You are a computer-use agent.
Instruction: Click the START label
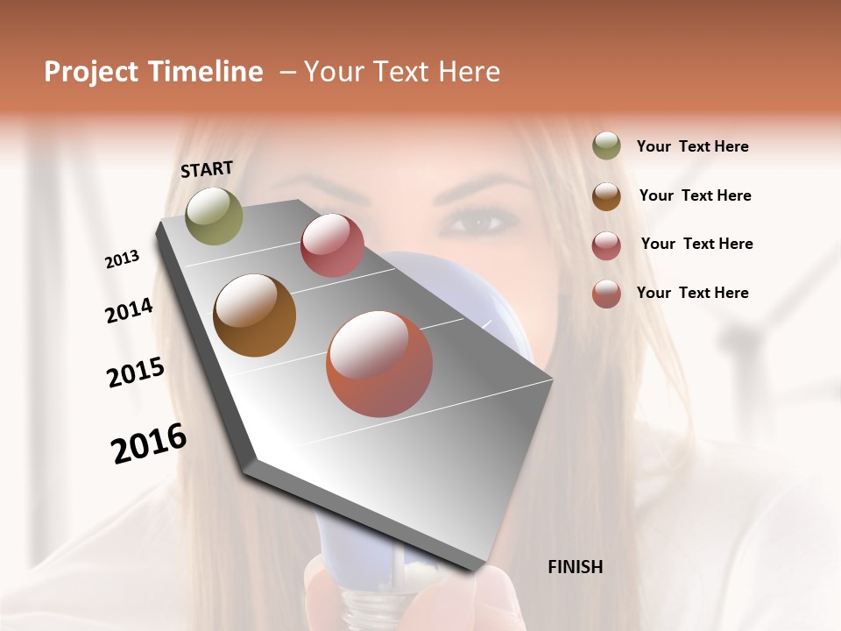click(x=207, y=169)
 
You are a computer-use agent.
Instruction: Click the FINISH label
click(x=575, y=567)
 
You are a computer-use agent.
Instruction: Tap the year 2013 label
click(x=123, y=259)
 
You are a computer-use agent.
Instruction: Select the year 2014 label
click(x=129, y=310)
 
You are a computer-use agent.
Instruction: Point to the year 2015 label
click(x=136, y=372)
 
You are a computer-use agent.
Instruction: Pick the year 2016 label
click(x=149, y=443)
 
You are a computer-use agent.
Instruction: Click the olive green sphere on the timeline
click(x=214, y=216)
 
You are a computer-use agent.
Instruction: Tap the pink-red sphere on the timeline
click(x=332, y=245)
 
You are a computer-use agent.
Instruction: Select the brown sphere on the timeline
click(x=254, y=315)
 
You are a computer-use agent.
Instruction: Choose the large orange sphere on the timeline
click(x=379, y=364)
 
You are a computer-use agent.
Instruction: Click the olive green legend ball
click(x=606, y=146)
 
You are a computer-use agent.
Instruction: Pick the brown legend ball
click(x=606, y=195)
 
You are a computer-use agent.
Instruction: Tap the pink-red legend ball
click(x=606, y=245)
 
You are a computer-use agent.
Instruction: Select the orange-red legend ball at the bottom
click(x=606, y=293)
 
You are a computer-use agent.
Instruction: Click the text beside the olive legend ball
click(x=692, y=146)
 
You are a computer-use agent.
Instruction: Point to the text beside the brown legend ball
click(x=695, y=195)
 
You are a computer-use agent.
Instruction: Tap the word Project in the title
click(x=90, y=72)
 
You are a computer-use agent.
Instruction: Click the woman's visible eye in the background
click(x=477, y=221)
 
